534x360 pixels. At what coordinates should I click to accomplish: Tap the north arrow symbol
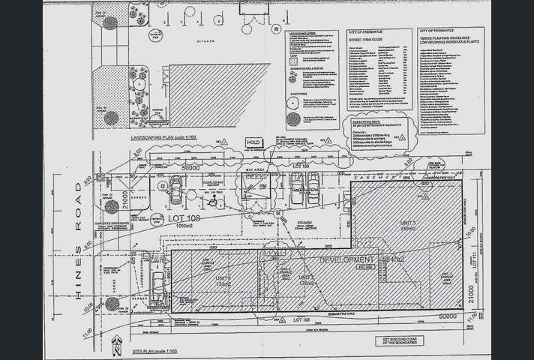tap(115, 346)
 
